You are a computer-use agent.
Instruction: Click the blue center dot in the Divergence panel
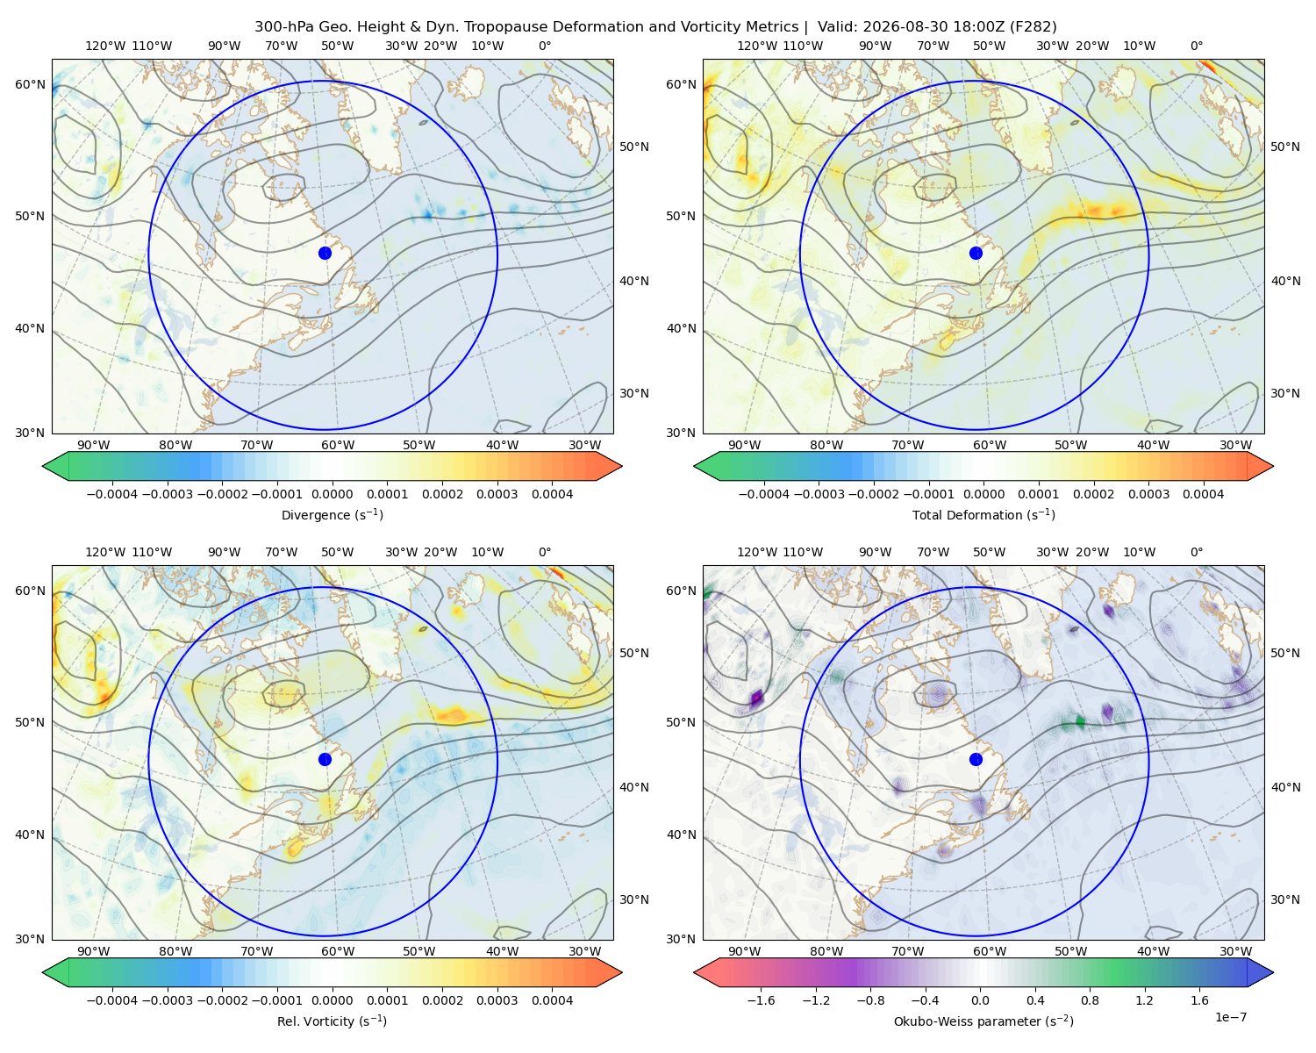325,253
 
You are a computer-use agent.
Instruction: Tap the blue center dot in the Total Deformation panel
976,253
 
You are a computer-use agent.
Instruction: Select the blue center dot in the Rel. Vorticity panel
325,759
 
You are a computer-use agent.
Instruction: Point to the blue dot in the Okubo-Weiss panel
976,759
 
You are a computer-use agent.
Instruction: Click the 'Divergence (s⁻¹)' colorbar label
332,514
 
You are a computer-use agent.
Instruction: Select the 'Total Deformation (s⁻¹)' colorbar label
983,514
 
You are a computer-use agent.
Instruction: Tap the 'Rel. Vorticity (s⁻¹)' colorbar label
332,1021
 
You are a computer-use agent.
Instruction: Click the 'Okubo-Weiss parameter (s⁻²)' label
983,1021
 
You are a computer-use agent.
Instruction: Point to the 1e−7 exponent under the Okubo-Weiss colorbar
1230,1017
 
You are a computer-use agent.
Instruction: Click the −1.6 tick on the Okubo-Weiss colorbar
761,999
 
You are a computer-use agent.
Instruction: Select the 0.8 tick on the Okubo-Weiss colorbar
1090,999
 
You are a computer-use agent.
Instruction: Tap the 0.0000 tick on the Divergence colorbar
332,494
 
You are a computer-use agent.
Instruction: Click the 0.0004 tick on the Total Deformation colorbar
1203,494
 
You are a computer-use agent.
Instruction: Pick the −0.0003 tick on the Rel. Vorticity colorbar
167,999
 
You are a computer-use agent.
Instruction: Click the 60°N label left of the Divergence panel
30,84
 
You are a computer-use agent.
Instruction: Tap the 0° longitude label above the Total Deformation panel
1196,46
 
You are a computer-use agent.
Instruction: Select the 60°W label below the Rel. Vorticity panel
338,951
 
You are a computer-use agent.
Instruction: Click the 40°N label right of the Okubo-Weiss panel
1285,787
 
